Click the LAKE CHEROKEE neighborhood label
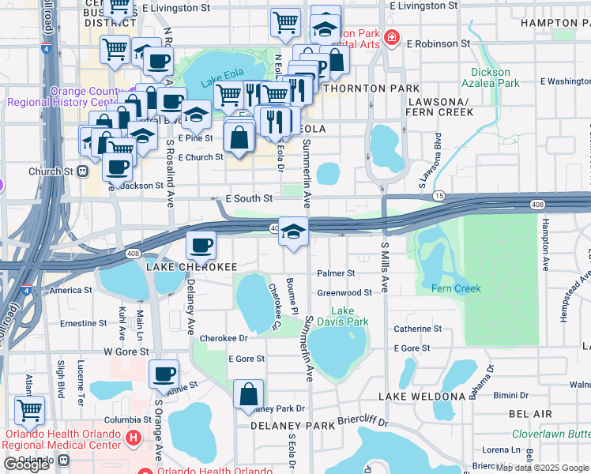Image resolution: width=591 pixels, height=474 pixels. click(x=191, y=268)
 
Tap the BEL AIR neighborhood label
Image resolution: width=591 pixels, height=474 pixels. click(x=530, y=413)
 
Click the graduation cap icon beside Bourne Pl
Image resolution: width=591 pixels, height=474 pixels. click(x=293, y=231)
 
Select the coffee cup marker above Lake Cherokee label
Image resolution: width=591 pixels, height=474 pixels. click(x=201, y=246)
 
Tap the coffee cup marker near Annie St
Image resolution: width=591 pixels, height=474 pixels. click(x=164, y=374)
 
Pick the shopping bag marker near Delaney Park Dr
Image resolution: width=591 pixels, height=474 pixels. click(x=248, y=394)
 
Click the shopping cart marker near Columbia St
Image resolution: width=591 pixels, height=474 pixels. click(x=30, y=410)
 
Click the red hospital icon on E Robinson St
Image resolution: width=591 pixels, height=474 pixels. click(x=390, y=37)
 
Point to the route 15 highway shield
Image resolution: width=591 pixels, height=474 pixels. click(x=439, y=195)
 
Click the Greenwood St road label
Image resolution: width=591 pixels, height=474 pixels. click(x=344, y=292)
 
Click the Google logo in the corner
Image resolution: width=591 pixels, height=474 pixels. click(x=26, y=465)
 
